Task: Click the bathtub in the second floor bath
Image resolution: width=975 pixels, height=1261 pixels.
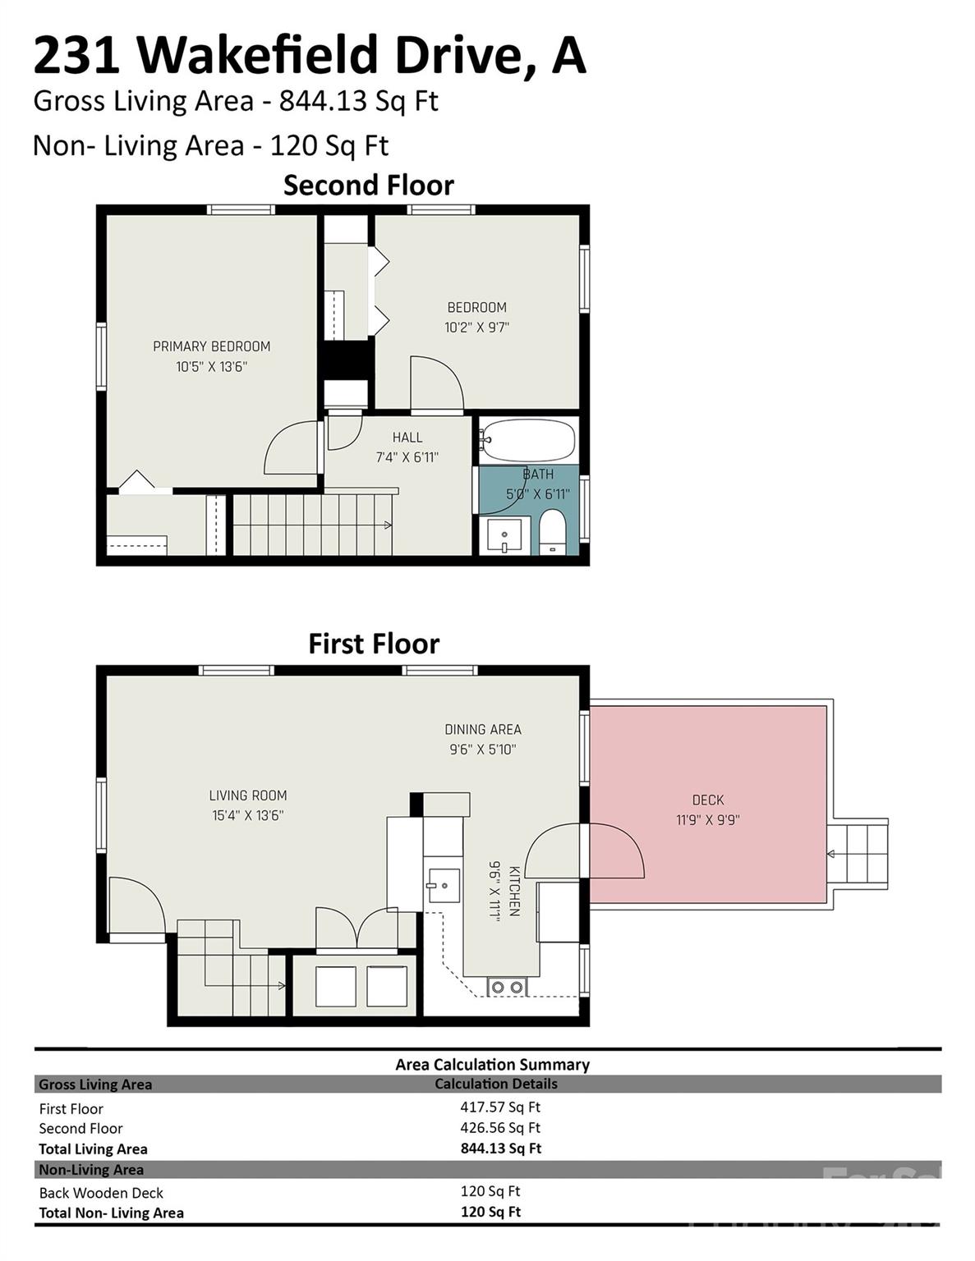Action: click(x=528, y=441)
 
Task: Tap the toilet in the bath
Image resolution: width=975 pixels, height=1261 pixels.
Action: click(x=552, y=532)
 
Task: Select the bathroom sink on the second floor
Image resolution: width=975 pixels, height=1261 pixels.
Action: click(x=504, y=536)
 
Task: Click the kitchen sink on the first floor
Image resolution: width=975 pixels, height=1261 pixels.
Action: click(x=443, y=885)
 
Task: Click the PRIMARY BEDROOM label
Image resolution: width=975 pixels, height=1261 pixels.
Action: click(x=211, y=346)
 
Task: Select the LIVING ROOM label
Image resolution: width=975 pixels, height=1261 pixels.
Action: click(x=247, y=795)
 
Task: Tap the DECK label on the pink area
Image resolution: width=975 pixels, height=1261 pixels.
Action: click(x=707, y=800)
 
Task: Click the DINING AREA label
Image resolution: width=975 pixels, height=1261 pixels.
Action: click(x=482, y=729)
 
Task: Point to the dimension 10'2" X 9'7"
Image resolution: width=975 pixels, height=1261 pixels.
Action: click(x=476, y=327)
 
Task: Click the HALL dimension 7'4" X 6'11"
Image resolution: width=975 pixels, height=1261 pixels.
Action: click(x=407, y=457)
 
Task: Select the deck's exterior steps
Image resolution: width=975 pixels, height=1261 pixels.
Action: click(x=858, y=854)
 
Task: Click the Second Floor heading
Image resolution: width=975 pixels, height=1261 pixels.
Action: click(x=368, y=186)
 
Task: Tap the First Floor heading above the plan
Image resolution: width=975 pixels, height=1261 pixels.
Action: click(x=374, y=644)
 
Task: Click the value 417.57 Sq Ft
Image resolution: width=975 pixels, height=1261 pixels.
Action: click(x=499, y=1107)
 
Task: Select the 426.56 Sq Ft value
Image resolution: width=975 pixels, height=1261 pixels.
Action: click(x=499, y=1127)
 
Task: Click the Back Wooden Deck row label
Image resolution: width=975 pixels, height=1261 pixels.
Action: click(x=101, y=1192)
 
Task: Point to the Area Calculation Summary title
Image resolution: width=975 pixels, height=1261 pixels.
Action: click(x=492, y=1065)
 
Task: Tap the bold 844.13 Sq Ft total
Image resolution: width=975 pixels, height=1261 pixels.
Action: click(x=500, y=1148)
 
